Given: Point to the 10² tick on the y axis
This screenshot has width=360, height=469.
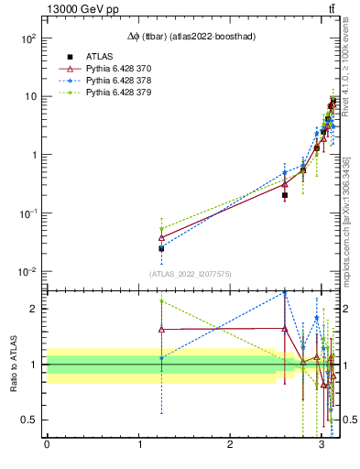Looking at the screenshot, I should (x=27, y=38).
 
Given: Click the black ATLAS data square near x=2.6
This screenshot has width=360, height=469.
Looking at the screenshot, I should (x=285, y=195).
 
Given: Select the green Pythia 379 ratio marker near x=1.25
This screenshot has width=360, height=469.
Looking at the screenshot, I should (x=161, y=300).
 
